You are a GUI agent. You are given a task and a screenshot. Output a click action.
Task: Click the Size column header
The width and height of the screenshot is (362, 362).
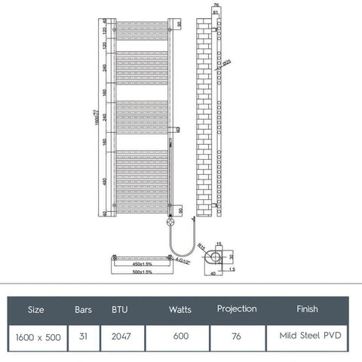click(x=35, y=309)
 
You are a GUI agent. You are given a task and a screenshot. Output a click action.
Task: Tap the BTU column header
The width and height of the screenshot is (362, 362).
click(x=120, y=309)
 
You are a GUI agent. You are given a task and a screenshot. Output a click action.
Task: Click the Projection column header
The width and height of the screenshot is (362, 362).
click(x=237, y=309)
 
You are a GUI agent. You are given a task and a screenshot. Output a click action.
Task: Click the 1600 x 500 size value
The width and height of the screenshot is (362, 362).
click(x=36, y=336)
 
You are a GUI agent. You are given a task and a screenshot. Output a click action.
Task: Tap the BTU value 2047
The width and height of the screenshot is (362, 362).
click(x=121, y=336)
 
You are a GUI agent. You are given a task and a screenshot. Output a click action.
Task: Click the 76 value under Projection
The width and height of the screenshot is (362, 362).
click(x=237, y=336)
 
